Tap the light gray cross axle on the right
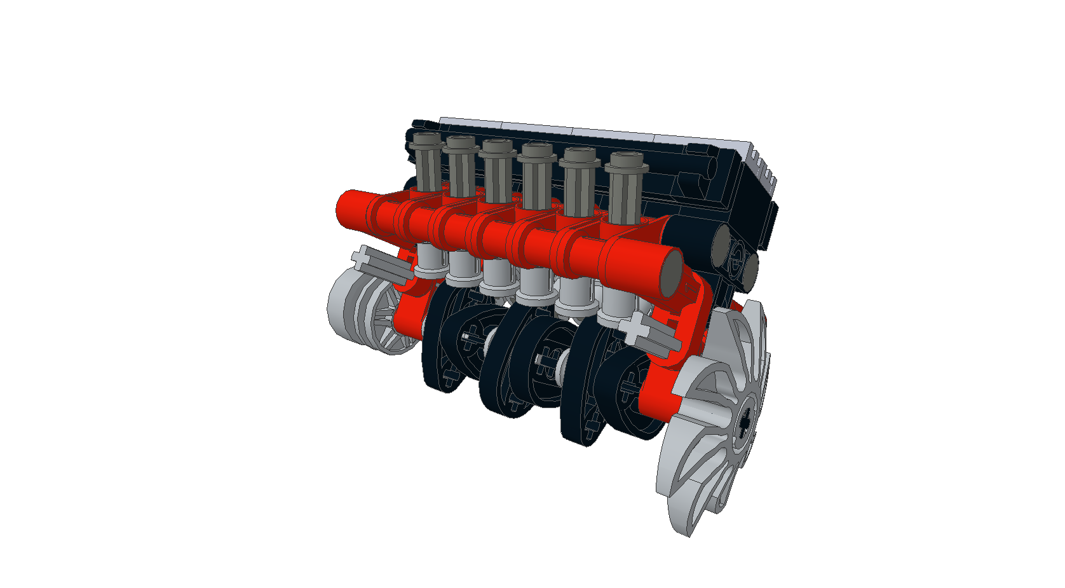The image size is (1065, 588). [648, 332]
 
